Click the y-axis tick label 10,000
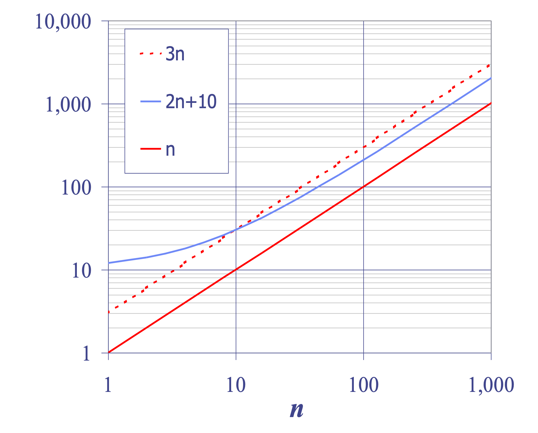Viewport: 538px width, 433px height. [63, 22]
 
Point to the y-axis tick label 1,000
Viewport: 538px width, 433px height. [68, 105]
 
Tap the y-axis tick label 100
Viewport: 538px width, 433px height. [76, 188]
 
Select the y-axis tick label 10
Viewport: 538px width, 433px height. [82, 271]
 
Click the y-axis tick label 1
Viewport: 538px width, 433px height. [86, 353]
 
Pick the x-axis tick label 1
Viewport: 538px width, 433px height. [108, 385]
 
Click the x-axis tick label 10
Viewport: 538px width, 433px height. [236, 385]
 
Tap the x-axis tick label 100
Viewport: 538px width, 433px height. [364, 385]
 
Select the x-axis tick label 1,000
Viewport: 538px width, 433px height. [491, 385]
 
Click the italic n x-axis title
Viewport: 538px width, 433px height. [297, 410]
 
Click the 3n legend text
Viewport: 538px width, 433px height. [175, 54]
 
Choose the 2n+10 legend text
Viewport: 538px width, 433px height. [191, 101]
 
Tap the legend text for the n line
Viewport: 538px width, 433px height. [170, 150]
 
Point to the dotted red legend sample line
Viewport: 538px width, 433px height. [151, 53]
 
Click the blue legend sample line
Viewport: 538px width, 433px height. [151, 101]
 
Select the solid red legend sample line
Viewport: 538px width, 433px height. [151, 149]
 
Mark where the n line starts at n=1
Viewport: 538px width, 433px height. [108, 352]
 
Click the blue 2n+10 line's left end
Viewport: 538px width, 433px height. [108, 263]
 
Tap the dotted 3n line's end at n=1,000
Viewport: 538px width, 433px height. [491, 65]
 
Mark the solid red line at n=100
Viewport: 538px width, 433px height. [364, 187]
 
